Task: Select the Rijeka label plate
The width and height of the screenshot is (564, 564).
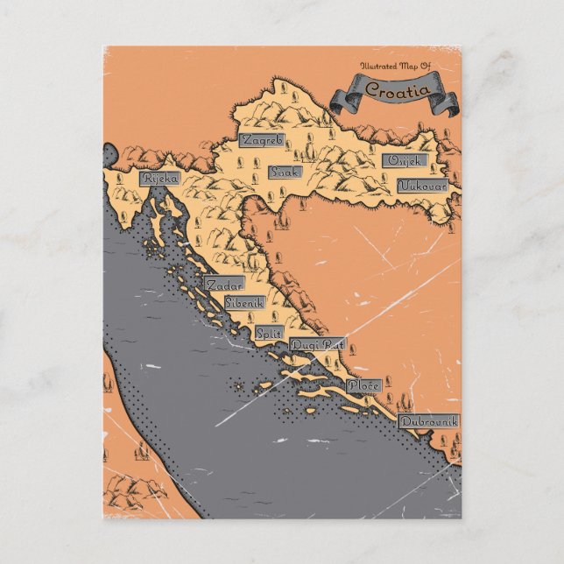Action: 160,179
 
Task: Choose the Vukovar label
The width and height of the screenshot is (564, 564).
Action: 423,187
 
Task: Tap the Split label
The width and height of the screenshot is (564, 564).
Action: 267,333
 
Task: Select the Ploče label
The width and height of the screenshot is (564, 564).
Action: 363,384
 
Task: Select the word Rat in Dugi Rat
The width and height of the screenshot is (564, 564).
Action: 333,344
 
